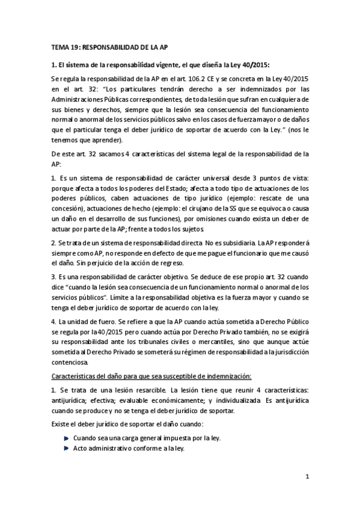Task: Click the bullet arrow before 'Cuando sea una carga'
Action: point(66,437)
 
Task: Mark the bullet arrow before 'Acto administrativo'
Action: point(66,448)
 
